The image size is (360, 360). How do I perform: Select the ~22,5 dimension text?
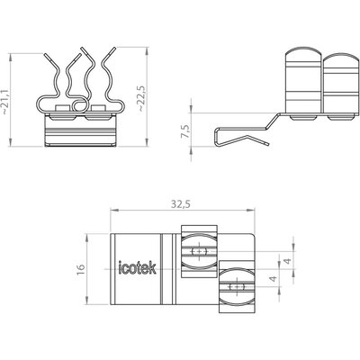pos(141,99)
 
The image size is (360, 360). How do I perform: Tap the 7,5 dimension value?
pos(186,131)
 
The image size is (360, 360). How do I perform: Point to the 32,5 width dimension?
pos(181,204)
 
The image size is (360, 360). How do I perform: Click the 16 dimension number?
pos(81,269)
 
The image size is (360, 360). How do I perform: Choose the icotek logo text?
pos(138,267)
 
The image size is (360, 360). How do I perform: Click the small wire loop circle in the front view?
pos(80,105)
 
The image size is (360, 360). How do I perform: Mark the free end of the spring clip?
pos(268,144)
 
